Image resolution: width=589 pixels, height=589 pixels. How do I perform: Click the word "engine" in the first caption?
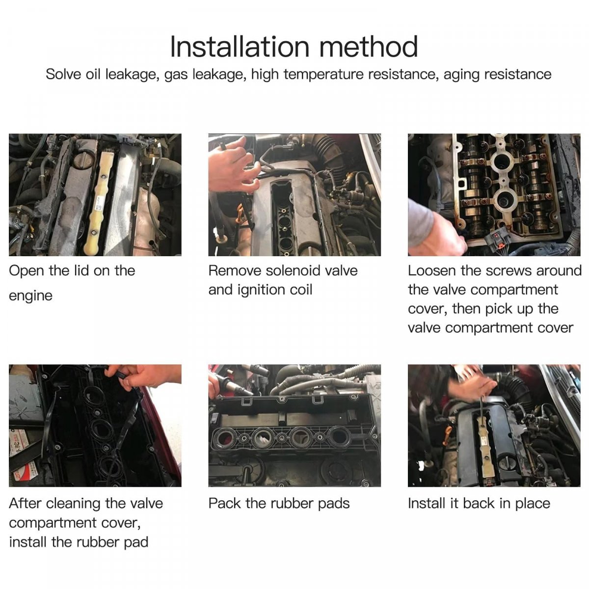[x=30, y=296]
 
